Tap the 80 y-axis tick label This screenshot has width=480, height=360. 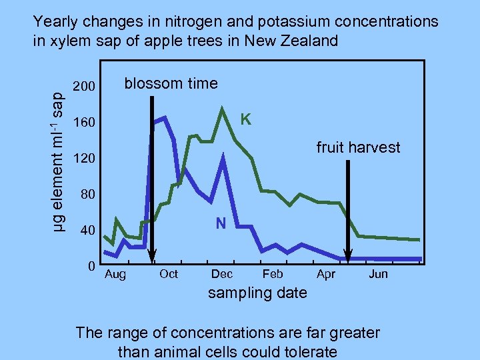coord(88,195)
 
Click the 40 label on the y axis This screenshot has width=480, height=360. coord(88,231)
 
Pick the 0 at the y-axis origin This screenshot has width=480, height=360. coord(91,266)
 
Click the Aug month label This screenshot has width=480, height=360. coord(115,274)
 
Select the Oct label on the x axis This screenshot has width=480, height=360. coord(169,274)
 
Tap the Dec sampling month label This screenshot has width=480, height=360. coord(221,274)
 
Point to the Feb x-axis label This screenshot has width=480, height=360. coord(273,274)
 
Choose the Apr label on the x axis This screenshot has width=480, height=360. coord(326,274)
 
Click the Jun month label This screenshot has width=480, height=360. coord(378,274)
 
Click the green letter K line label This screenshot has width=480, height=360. coord(245,120)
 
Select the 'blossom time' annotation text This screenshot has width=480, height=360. coord(171,83)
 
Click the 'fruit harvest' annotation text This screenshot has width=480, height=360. coord(358,147)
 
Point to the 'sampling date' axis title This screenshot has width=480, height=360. coord(258,293)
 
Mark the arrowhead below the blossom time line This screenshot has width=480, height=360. coord(152,257)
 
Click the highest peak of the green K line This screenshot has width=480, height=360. coord(222,109)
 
